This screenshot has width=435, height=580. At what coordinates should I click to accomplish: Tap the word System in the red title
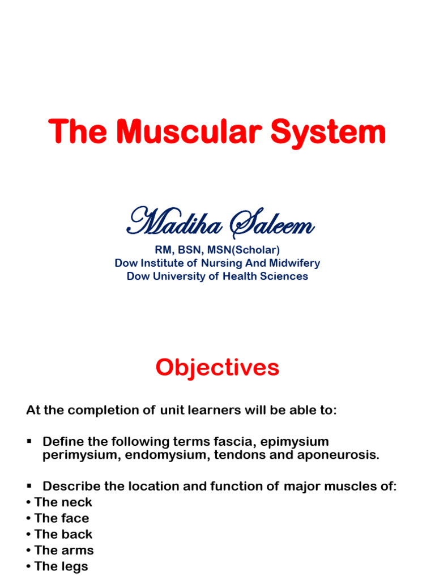(328, 132)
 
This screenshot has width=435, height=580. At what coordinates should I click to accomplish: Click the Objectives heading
(217, 368)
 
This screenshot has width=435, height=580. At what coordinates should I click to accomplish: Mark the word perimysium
(77, 455)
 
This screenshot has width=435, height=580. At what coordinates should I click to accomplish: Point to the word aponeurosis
(335, 455)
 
